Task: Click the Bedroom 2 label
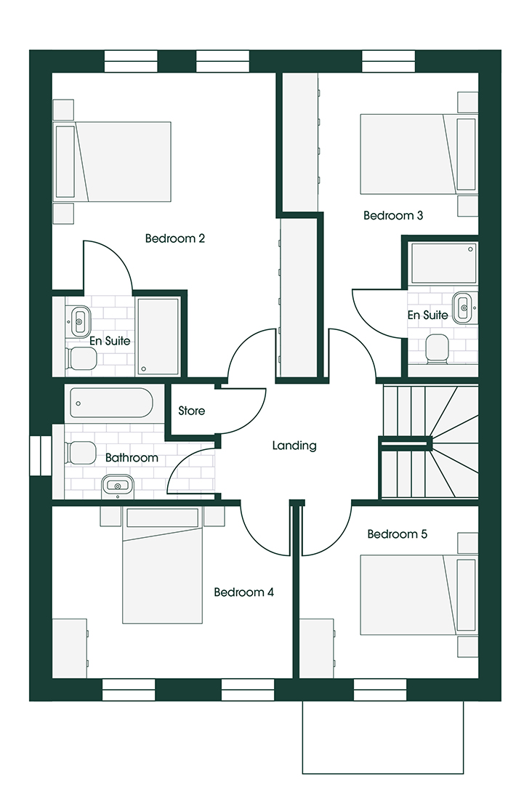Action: (x=174, y=238)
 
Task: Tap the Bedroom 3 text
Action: (x=393, y=216)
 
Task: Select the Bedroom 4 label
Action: (x=243, y=592)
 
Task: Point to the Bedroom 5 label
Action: (x=397, y=534)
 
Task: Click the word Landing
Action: (x=294, y=446)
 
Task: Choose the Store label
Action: (x=192, y=411)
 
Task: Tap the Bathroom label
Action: (x=132, y=458)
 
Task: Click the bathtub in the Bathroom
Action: (x=111, y=403)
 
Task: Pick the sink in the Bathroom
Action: (x=118, y=486)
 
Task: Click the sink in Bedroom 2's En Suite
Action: (x=79, y=321)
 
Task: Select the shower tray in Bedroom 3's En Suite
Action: (x=443, y=263)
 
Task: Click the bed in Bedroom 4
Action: (x=163, y=565)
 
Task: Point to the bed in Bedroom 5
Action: (x=419, y=595)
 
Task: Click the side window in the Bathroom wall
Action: (x=41, y=455)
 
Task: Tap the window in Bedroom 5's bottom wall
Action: (x=380, y=690)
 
